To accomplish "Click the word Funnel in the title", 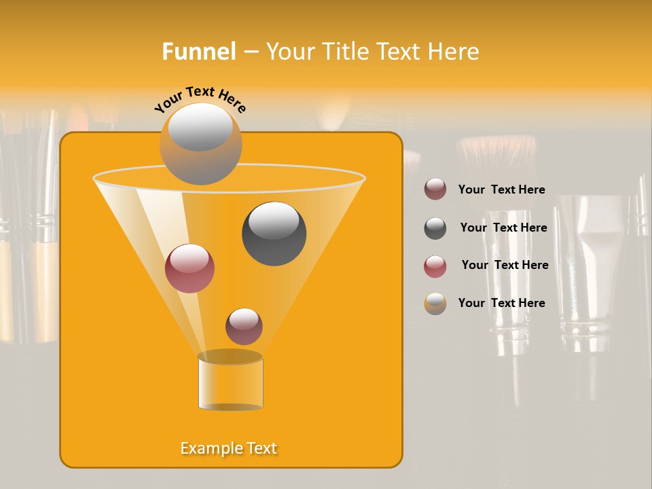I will pos(198,52).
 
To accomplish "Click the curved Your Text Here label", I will pos(200,99).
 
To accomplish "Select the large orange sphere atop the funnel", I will pos(200,144).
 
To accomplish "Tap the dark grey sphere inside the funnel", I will pos(274,234).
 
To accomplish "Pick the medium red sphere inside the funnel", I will pos(189,268).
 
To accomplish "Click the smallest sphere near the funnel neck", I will pos(244,326).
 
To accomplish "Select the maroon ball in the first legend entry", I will pos(435,189).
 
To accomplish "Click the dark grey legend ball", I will pos(435,228).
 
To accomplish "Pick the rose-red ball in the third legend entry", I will pos(435,266).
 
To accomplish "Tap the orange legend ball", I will pos(435,304).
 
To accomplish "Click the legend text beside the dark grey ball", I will pos(503,228).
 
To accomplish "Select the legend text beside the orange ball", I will pos(501,303).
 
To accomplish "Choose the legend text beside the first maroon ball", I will pos(501,189).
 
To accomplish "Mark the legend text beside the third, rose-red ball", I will pos(505,265).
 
